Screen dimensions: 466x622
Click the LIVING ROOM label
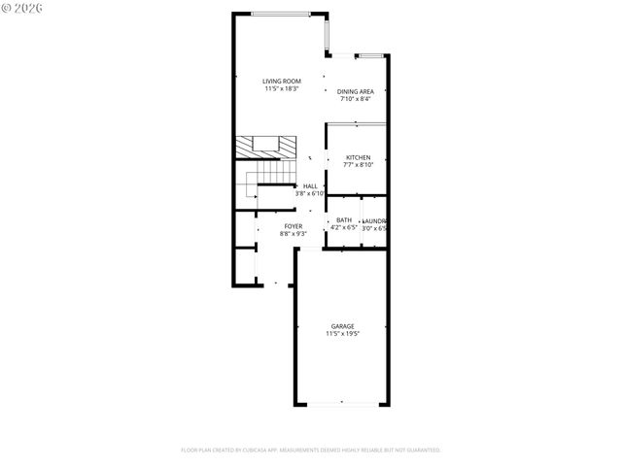281,81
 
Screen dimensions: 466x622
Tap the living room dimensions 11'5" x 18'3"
281,88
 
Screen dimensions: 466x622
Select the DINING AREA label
356,91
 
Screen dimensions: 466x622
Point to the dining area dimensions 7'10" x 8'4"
356,99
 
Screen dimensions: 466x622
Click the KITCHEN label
359,157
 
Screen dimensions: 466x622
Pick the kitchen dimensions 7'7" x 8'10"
359,165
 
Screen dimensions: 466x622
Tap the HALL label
310,185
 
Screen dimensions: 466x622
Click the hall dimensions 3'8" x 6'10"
310,193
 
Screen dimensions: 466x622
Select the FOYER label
293,226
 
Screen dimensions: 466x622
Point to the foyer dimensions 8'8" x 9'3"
293,234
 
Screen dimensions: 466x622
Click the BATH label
344,220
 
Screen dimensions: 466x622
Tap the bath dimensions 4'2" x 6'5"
344,228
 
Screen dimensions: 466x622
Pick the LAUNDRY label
374,220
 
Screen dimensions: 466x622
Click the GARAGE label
342,326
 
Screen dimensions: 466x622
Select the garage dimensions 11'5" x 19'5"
342,334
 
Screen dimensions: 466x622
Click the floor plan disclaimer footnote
311,449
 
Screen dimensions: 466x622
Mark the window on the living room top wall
281,13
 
